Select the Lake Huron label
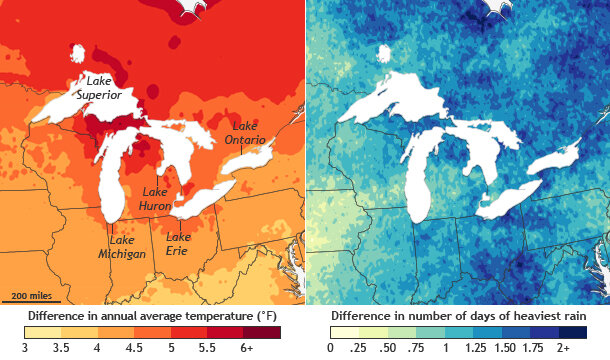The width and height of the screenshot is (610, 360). click(x=157, y=198)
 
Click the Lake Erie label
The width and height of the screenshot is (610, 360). click(x=178, y=243)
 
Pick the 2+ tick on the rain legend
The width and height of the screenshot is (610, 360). click(x=564, y=348)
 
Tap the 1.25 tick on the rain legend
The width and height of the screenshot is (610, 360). click(x=477, y=348)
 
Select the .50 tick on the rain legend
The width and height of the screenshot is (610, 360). click(x=389, y=348)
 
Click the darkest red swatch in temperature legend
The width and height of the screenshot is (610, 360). click(x=265, y=331)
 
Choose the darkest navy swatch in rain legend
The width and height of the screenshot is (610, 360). click(x=570, y=331)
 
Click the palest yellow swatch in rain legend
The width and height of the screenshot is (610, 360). click(x=342, y=331)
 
